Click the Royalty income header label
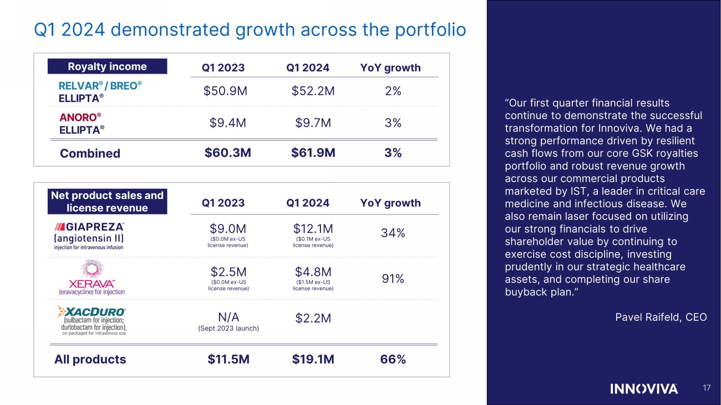tap(107, 66)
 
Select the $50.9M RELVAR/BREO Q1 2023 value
tap(225, 91)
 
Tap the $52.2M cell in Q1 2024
tap(313, 91)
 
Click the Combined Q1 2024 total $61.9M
tap(313, 152)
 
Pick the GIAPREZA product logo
tap(89, 237)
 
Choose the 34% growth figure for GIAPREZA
tap(393, 233)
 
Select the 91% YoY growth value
tap(393, 279)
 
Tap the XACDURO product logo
tap(92, 320)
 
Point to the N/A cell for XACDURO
tap(228, 317)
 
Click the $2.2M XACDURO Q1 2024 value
tap(313, 317)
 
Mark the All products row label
tap(90, 360)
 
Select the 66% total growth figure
tap(393, 360)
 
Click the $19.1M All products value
tap(313, 360)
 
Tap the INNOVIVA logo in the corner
tap(644, 388)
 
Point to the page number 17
tap(706, 388)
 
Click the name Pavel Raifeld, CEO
tap(661, 317)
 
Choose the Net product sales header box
tap(107, 202)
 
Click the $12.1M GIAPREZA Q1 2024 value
tap(313, 229)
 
